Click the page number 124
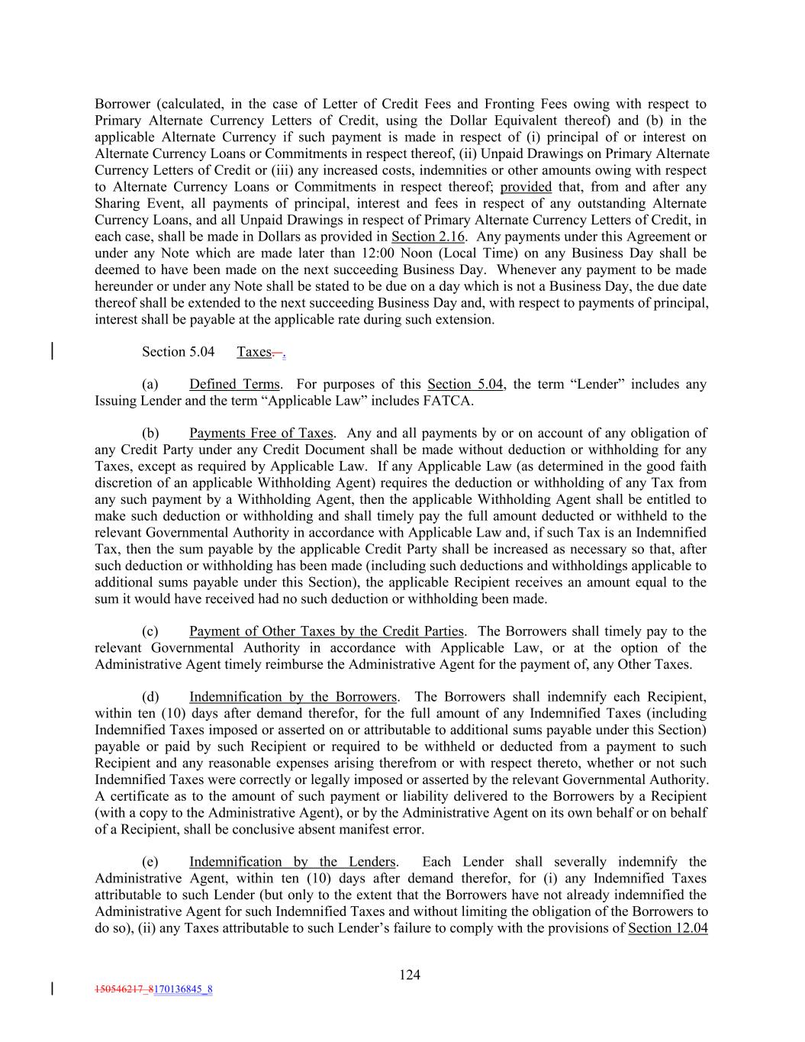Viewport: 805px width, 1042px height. pos(410,974)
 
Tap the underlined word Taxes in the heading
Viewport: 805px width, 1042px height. pos(254,352)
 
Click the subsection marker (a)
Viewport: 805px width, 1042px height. pos(150,385)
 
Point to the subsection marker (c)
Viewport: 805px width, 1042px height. pos(150,631)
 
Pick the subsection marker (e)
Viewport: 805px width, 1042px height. pos(150,862)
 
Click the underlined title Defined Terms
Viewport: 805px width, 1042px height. pos(234,385)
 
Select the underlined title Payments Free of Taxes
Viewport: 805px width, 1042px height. pos(261,434)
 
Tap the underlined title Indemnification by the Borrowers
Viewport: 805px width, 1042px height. pos(293,697)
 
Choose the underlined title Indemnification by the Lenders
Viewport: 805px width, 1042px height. pos(293,862)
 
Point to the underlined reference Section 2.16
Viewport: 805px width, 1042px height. pos(428,237)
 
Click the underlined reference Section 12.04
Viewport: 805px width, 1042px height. pos(668,928)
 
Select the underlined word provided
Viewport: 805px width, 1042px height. pos(526,187)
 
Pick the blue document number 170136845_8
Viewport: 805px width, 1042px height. pos(183,990)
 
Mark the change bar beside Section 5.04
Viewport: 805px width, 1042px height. pos(52,352)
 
